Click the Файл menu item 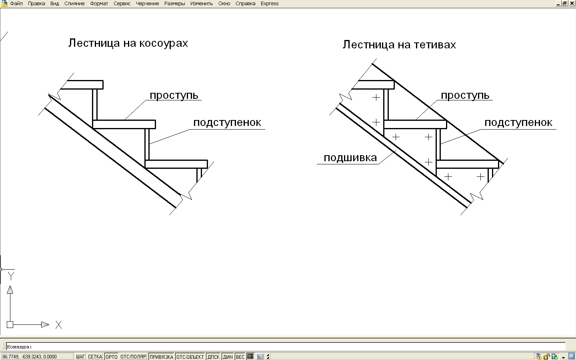pyautogui.click(x=16, y=4)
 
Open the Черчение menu pyautogui.click(x=147, y=4)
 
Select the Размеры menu pyautogui.click(x=174, y=4)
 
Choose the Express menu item pyautogui.click(x=270, y=4)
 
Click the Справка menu pyautogui.click(x=245, y=4)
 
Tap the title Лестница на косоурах pyautogui.click(x=128, y=43)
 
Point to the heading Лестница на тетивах pyautogui.click(x=399, y=45)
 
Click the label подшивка pyautogui.click(x=350, y=158)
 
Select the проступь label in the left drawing pyautogui.click(x=174, y=96)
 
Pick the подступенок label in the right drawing pyautogui.click(x=518, y=123)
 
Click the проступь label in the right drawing pyautogui.click(x=465, y=96)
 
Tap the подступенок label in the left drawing pyautogui.click(x=227, y=123)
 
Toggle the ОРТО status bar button pyautogui.click(x=112, y=357)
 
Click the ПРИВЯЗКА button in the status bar pyautogui.click(x=161, y=357)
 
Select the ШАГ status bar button pyautogui.click(x=80, y=357)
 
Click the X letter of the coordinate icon pyautogui.click(x=58, y=325)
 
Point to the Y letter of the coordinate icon pyautogui.click(x=11, y=276)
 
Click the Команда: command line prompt pyautogui.click(x=19, y=347)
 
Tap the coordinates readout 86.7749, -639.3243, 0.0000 pyautogui.click(x=30, y=357)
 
